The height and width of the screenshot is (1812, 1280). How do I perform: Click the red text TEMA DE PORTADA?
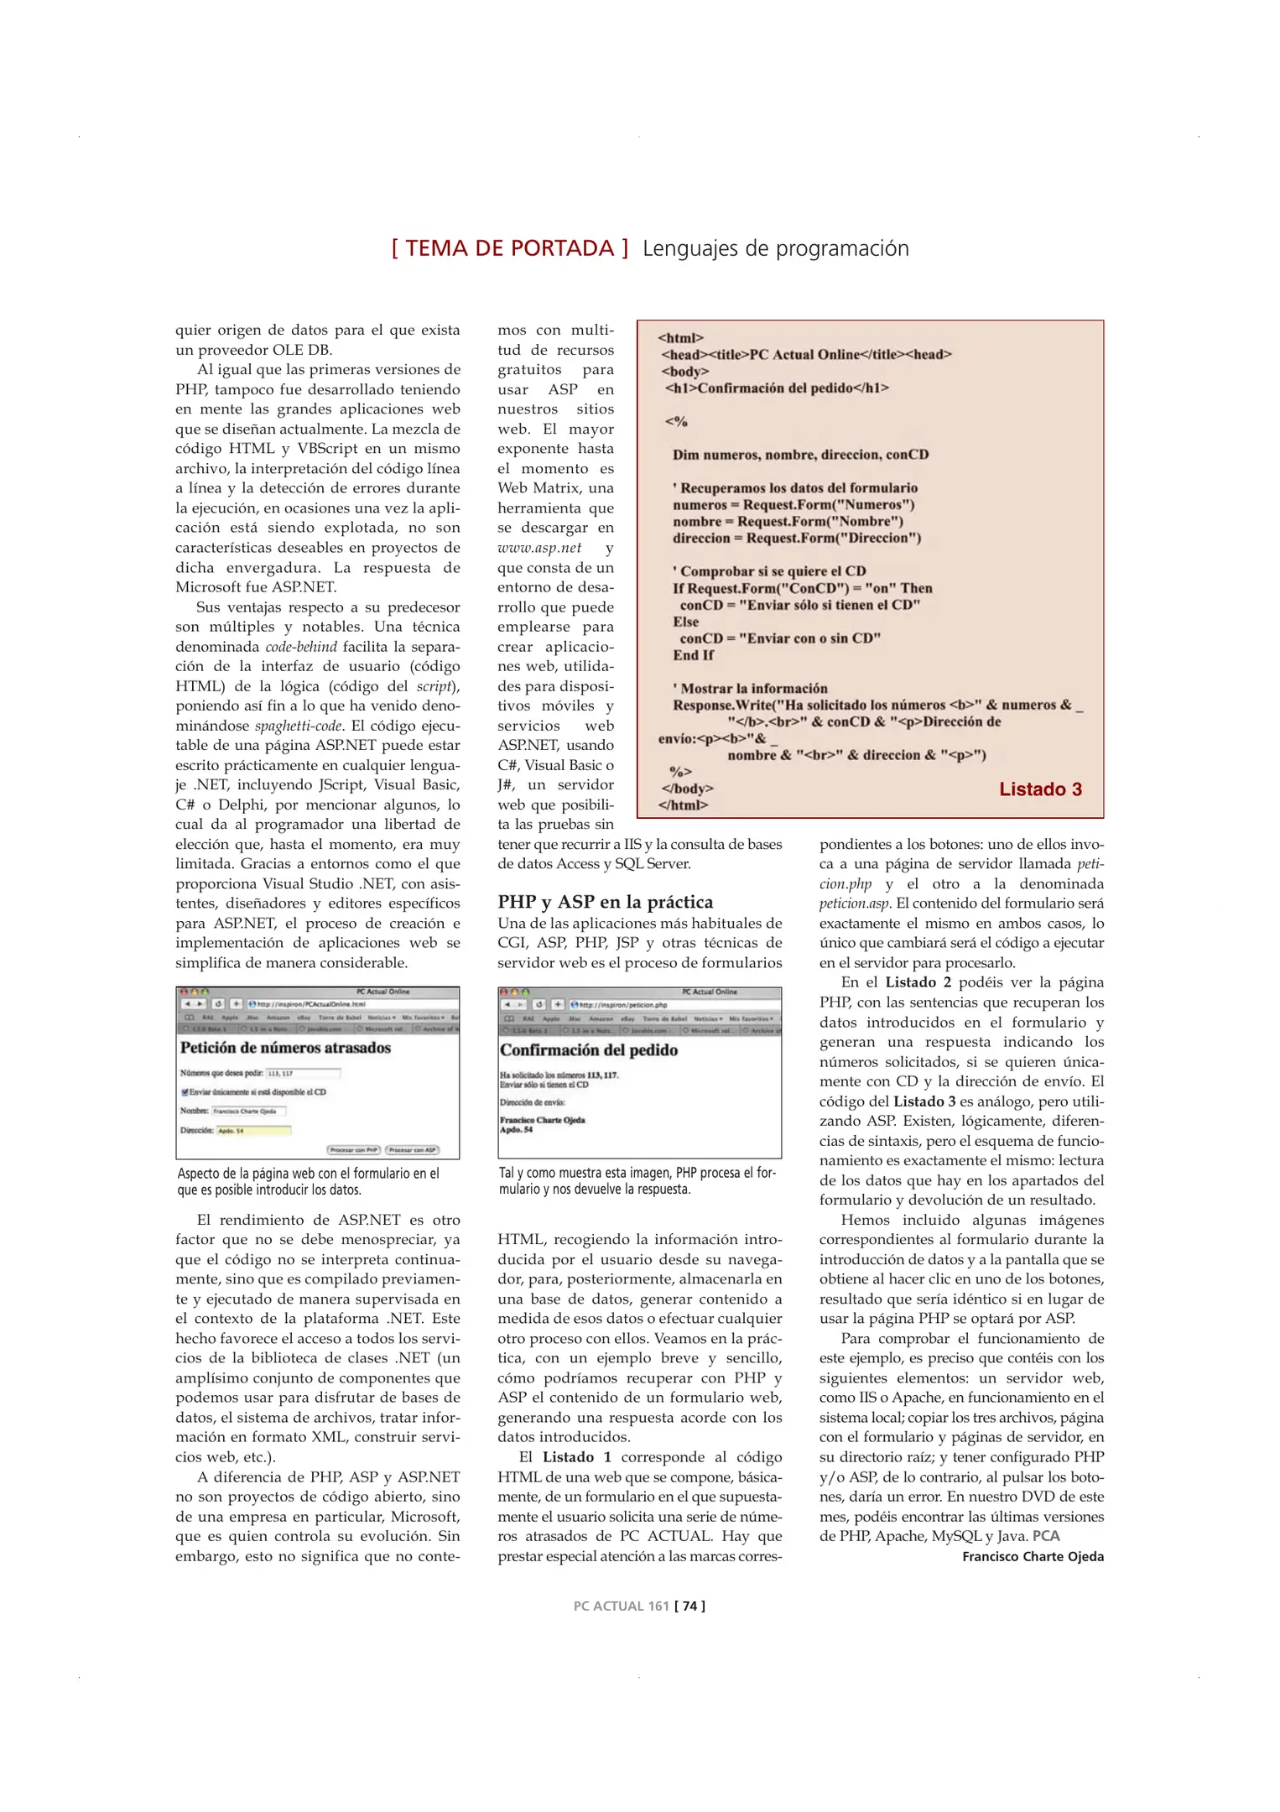coord(510,248)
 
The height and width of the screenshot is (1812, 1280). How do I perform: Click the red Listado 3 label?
coord(1040,789)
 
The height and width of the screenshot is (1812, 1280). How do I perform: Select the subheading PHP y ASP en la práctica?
coord(605,902)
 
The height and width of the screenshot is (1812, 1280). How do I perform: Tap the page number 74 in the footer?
coord(689,1606)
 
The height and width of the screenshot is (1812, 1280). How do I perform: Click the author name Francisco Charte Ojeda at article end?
coord(1033,1556)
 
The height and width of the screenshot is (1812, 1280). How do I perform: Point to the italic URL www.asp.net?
coord(539,548)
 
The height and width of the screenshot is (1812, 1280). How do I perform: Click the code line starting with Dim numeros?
coord(800,455)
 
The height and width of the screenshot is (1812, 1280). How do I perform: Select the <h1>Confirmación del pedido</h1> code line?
coord(776,388)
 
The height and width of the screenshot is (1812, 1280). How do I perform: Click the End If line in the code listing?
coord(693,655)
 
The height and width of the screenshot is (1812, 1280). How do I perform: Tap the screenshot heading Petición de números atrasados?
coord(285,1048)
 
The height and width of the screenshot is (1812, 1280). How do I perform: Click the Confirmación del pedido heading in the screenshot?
coord(589,1050)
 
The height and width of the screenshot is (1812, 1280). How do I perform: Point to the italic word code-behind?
coord(301,647)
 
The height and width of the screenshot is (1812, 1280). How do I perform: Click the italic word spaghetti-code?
coord(299,726)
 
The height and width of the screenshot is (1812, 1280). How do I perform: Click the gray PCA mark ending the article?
coord(1046,1536)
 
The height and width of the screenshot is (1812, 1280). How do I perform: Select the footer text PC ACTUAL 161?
coord(621,1606)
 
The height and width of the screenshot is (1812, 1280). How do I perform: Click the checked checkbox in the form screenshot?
coord(185,1092)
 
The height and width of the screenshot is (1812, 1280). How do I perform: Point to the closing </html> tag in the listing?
coord(683,805)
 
